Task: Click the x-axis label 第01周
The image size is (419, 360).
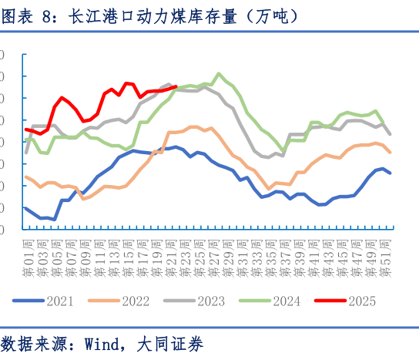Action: click(28, 258)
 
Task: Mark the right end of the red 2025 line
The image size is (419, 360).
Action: click(176, 87)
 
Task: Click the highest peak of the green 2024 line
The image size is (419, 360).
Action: click(220, 74)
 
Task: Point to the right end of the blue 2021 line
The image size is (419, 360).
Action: click(390, 173)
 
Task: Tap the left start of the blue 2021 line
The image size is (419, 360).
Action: click(25, 207)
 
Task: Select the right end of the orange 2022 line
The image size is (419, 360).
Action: click(390, 152)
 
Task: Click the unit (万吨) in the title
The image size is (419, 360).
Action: click(269, 15)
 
